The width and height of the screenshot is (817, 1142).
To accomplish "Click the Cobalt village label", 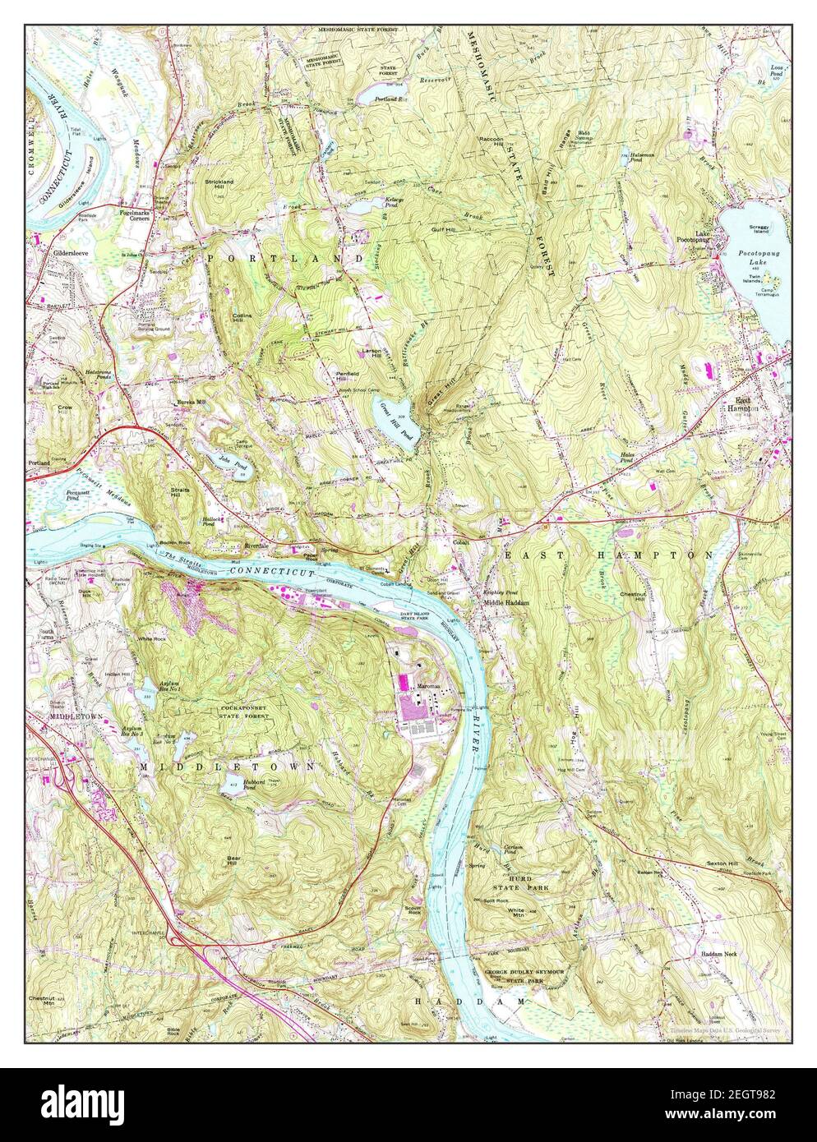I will click(465, 541).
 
